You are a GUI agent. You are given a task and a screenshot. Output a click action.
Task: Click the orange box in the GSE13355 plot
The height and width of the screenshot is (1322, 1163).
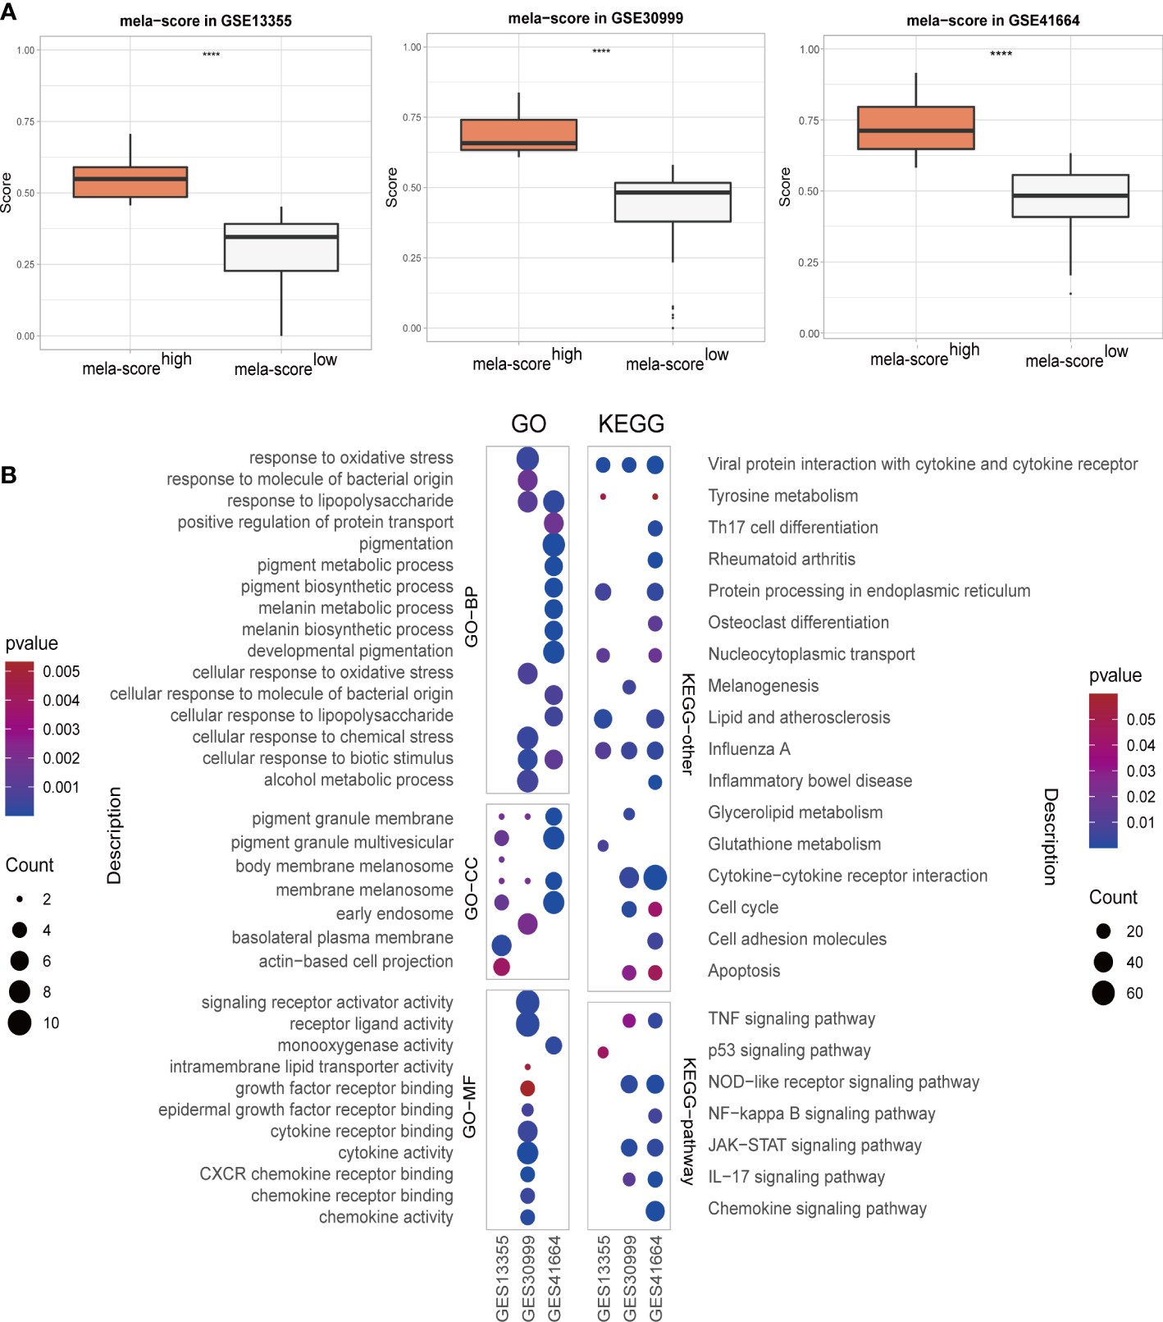pos(130,182)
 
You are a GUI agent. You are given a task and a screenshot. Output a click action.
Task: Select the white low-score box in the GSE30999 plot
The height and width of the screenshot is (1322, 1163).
pos(673,202)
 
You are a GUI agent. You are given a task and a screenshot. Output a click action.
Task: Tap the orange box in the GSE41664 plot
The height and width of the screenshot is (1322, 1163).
pos(915,128)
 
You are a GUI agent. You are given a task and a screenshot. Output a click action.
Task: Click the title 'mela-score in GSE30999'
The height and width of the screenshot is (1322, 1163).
pos(595,18)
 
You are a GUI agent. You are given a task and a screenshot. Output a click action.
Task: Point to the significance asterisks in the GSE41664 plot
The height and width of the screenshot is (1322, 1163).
pos(1001,54)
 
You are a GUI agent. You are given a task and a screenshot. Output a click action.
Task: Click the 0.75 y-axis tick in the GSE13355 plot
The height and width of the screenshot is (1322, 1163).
pos(25,121)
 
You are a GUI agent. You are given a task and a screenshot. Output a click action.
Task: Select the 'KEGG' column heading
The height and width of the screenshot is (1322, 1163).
pos(631,423)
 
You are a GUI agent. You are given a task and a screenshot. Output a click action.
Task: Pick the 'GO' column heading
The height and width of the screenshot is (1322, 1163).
pos(528,423)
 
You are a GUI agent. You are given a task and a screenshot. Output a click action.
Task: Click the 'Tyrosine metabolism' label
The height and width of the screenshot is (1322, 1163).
pos(782,496)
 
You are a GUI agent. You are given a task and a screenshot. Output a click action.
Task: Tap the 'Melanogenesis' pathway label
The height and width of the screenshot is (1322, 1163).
pos(763,685)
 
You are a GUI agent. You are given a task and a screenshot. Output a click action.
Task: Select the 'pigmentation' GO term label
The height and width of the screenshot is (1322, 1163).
pos(405,543)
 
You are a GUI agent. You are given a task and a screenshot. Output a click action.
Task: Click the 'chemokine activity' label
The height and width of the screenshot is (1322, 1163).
pos(385,1217)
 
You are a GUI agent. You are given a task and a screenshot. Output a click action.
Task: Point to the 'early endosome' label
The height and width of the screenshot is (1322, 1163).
pos(394,913)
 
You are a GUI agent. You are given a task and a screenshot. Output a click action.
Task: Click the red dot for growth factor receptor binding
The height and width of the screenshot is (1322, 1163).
pos(527,1088)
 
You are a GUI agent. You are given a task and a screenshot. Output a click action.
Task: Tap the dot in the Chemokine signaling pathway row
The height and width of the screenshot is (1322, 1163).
pos(654,1210)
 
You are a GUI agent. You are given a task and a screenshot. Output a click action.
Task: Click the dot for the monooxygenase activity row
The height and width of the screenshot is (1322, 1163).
pos(554,1045)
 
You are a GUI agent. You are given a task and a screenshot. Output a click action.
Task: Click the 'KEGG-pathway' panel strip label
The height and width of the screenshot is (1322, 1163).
pos(689,1120)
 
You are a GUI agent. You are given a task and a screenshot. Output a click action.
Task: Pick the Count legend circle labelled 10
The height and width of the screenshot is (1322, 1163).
pos(20,1022)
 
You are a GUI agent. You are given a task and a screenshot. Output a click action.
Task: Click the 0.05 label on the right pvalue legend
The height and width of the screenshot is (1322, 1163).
pos(1140,720)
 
